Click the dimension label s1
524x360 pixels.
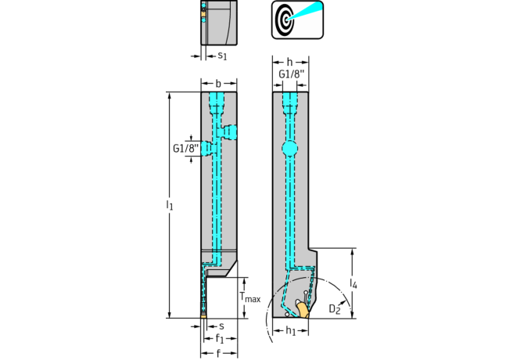tap(222, 56)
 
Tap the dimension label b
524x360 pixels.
tap(218, 83)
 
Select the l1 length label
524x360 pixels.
tap(170, 205)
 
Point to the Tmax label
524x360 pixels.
tap(250, 297)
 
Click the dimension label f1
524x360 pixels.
tap(220, 339)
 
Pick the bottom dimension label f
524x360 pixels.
tap(218, 353)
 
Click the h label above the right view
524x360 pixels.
tap(289, 62)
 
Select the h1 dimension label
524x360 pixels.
tap(291, 331)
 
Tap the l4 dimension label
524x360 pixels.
tap(354, 283)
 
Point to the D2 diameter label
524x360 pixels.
tap(335, 309)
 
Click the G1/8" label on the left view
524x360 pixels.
tap(186, 148)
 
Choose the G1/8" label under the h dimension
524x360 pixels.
tap(292, 74)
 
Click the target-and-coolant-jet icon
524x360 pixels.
tap(297, 20)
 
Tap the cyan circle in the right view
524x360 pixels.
tap(289, 149)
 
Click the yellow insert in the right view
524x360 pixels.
tap(303, 310)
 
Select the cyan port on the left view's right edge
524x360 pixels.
tap(229, 131)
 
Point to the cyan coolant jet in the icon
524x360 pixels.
tap(304, 10)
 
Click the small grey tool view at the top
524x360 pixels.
tap(219, 23)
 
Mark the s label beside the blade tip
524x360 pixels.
tap(221, 326)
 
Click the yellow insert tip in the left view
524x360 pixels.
tap(203, 315)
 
